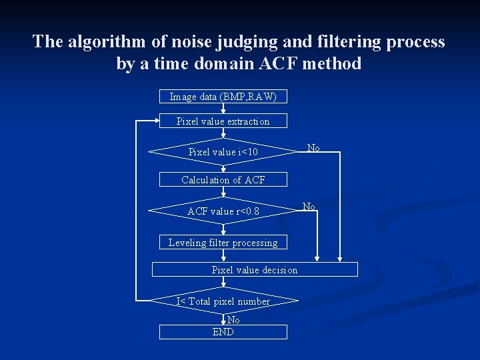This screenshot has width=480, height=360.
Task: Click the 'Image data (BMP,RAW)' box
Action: (223, 97)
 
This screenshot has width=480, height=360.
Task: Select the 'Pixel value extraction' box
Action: (223, 121)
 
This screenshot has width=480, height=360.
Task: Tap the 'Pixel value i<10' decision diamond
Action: (223, 152)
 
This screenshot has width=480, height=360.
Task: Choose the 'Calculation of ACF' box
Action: (223, 180)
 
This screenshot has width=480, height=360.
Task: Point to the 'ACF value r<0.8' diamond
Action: (223, 211)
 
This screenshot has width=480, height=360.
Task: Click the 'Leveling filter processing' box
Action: (223, 243)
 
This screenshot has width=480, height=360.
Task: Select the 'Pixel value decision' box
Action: (255, 270)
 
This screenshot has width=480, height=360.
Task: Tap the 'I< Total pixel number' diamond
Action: (223, 301)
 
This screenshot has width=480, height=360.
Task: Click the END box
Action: (223, 332)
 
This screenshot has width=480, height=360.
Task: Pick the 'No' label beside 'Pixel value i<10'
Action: (313, 147)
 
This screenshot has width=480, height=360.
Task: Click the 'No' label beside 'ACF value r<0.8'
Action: (309, 207)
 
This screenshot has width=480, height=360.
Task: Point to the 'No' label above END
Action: (233, 320)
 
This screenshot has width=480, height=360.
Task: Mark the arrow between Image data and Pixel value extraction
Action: (223, 109)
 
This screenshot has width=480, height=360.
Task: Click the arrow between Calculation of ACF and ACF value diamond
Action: (223, 192)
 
